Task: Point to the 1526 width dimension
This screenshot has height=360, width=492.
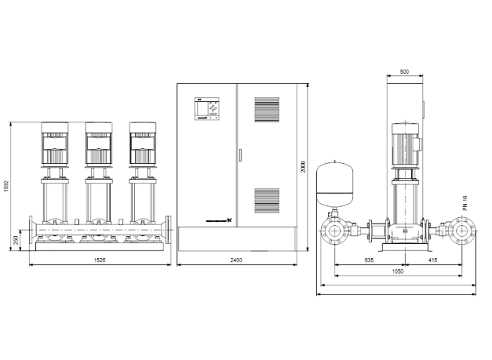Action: coord(100,260)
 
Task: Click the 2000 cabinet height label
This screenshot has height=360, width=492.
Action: coord(304,167)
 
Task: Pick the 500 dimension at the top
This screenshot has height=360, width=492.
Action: coord(404,72)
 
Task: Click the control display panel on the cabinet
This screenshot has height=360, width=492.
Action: coord(209,110)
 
